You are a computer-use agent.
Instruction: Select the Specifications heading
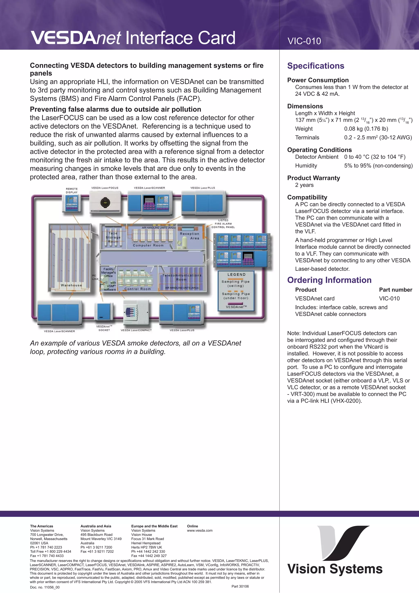pos(315,66)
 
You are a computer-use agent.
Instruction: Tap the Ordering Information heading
pos(329,280)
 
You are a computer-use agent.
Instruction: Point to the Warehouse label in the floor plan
pos(71,285)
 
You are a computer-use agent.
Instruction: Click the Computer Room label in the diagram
pos(148,245)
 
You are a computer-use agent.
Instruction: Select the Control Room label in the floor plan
pos(138,289)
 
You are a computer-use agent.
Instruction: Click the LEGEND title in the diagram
pos(237,275)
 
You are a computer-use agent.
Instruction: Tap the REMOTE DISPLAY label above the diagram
pos(72,190)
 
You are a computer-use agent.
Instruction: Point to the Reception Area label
pos(190,236)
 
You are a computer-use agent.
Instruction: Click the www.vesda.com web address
pos(199,531)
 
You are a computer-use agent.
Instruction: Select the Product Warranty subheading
pos(313,178)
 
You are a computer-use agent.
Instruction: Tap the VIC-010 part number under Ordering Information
pos(389,298)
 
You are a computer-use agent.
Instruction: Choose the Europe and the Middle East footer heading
pos(154,526)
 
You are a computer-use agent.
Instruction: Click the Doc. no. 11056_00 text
pos(45,587)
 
